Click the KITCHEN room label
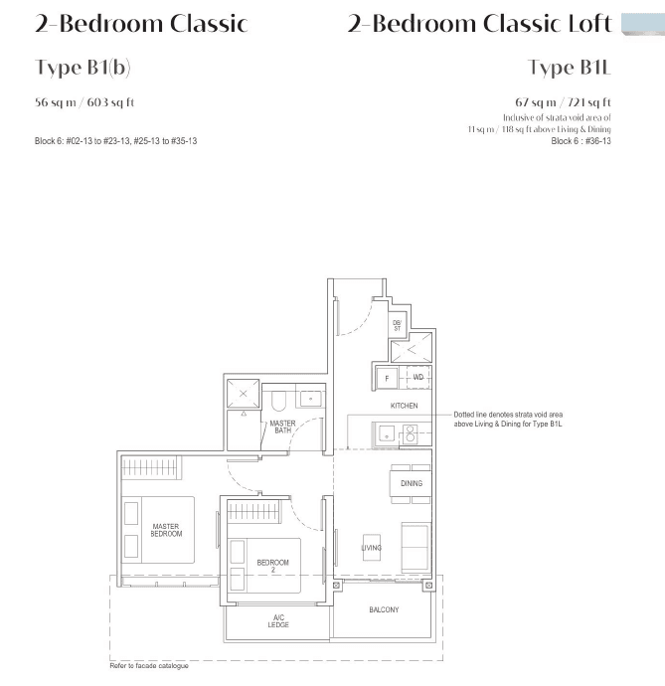click(x=404, y=406)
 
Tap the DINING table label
click(x=412, y=483)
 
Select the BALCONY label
click(x=384, y=609)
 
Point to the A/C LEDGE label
click(x=278, y=620)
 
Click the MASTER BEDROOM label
click(x=166, y=530)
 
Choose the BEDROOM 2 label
click(x=272, y=566)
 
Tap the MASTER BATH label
click(x=282, y=427)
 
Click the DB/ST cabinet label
click(x=398, y=325)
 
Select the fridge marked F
click(x=387, y=378)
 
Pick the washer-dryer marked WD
click(x=417, y=377)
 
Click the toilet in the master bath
click(x=278, y=401)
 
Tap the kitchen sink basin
click(x=387, y=434)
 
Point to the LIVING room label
click(x=372, y=548)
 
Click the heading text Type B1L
click(x=570, y=68)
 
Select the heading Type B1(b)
click(x=83, y=68)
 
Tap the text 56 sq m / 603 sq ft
click(x=84, y=102)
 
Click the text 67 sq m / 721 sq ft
click(x=563, y=102)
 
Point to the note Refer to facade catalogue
click(x=149, y=666)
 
